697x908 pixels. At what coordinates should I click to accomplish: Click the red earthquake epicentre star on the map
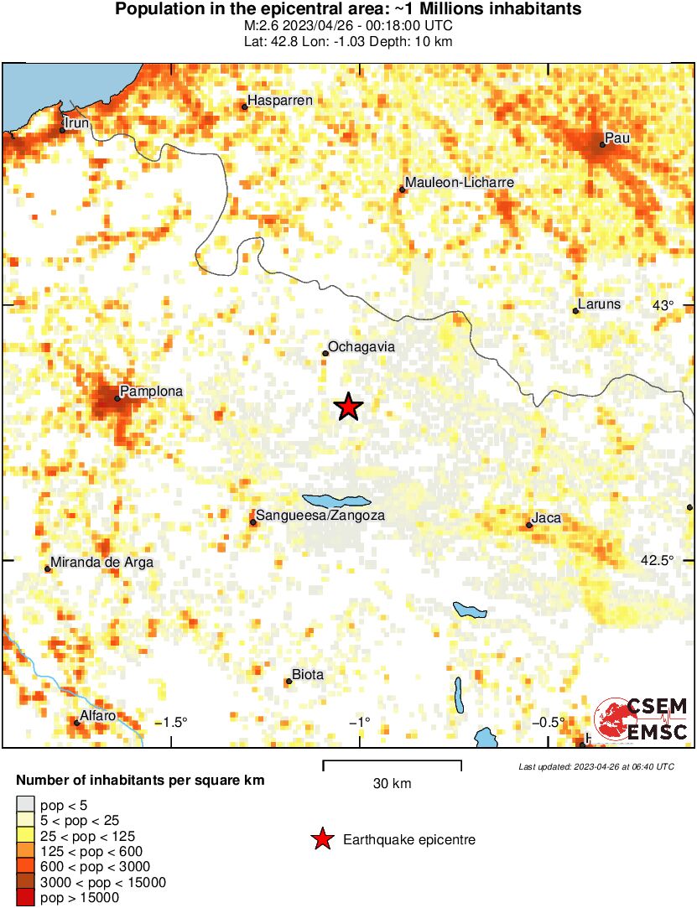[x=348, y=407]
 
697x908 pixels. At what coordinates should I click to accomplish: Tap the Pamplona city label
[x=151, y=392]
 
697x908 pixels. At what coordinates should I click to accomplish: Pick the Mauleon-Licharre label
[x=459, y=183]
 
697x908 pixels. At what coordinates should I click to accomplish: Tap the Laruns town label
[x=600, y=304]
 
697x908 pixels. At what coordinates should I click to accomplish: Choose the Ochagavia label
[x=362, y=346]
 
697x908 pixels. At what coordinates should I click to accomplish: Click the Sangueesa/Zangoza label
[x=320, y=516]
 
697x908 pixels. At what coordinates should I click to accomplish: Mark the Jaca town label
[x=546, y=518]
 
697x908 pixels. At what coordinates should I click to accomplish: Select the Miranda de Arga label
[x=102, y=563]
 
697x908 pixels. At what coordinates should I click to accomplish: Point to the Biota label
[x=307, y=675]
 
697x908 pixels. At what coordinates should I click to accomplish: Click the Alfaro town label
[x=97, y=715]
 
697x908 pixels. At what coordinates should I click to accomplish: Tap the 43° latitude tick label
[x=663, y=305]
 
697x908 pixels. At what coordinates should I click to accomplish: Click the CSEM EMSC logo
[x=642, y=719]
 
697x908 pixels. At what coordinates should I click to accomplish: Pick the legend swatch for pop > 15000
[x=26, y=898]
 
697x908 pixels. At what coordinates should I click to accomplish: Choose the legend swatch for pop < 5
[x=26, y=805]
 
